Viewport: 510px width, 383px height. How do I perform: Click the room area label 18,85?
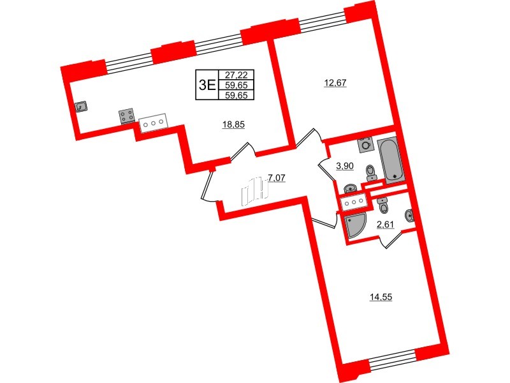click(x=233, y=124)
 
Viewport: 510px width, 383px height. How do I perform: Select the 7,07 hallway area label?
click(x=276, y=177)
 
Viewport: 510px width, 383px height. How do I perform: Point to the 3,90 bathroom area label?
click(x=345, y=166)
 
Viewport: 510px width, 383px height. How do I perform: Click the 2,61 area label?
click(x=385, y=223)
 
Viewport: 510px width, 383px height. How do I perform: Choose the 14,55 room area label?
click(x=381, y=296)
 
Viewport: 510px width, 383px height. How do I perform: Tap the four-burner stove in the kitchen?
click(x=126, y=116)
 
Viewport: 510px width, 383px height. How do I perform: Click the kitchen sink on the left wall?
click(x=82, y=107)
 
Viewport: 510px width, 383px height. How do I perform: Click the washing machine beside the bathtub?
click(x=365, y=144)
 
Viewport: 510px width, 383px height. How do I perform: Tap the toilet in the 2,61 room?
click(x=382, y=206)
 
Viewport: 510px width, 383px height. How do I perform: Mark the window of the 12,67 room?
click(x=322, y=23)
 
